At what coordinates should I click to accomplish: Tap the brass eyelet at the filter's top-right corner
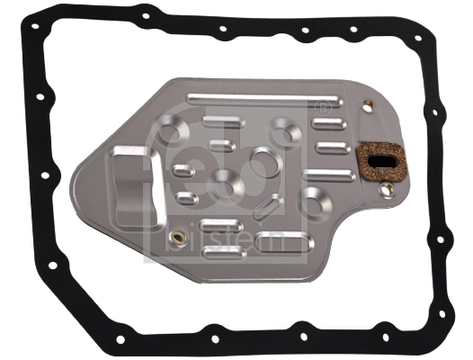pyautogui.click(x=367, y=106)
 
